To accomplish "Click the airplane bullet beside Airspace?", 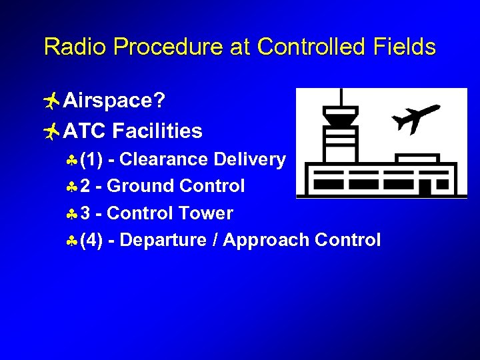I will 51,101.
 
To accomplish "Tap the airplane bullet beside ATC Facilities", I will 51,131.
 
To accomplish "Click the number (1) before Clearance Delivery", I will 91,159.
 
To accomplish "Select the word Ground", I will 140,186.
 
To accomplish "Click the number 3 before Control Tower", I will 85,213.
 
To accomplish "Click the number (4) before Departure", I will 91,241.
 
